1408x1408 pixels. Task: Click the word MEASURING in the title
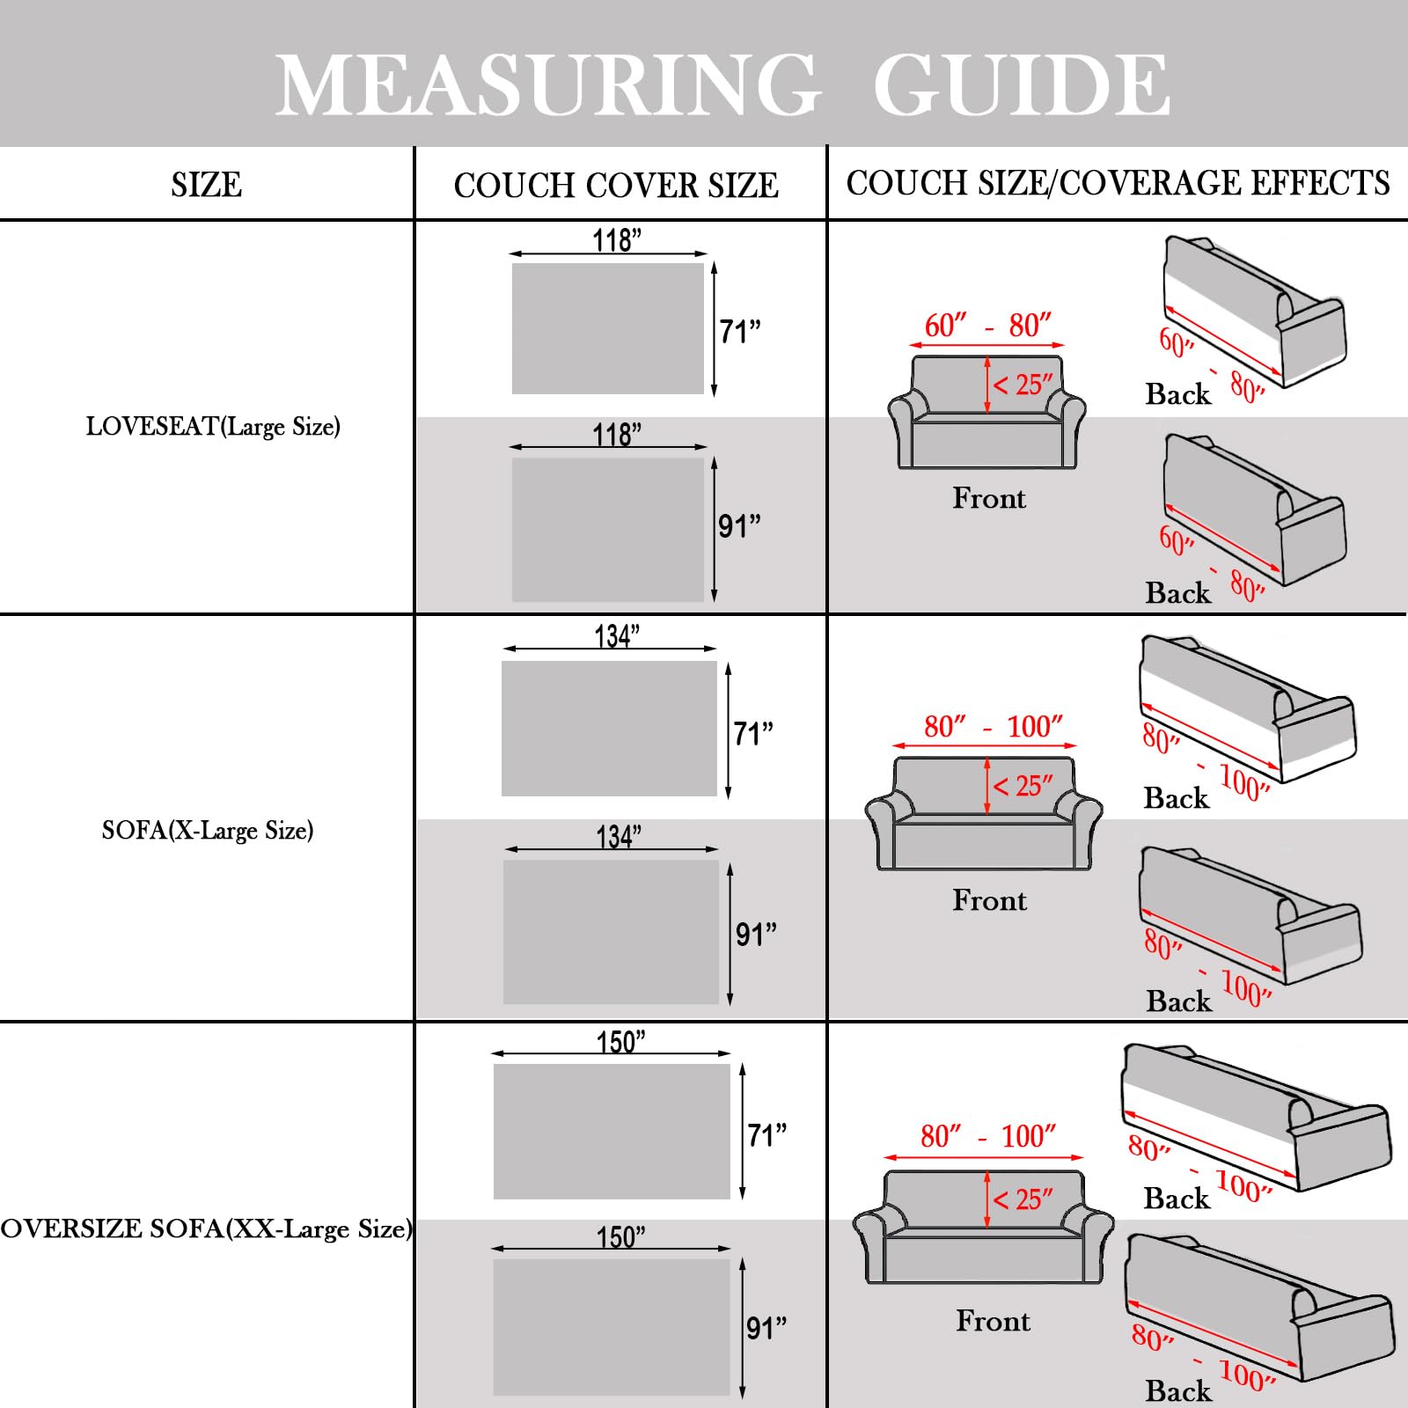pyautogui.click(x=547, y=85)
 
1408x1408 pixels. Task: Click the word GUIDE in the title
pyautogui.click(x=1021, y=85)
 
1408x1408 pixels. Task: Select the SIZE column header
pyautogui.click(x=206, y=186)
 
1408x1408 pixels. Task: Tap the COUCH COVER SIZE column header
pyautogui.click(x=616, y=186)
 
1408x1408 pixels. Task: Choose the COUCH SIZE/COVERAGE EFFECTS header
pyautogui.click(x=1118, y=183)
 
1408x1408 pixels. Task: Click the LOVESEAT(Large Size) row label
pyautogui.click(x=213, y=427)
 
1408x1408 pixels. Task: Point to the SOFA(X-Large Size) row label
pyautogui.click(x=208, y=831)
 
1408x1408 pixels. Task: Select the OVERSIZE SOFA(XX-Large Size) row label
pyautogui.click(x=206, y=1228)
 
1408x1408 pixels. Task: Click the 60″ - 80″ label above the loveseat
pyautogui.click(x=987, y=326)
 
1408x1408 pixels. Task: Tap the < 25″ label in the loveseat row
pyautogui.click(x=1023, y=385)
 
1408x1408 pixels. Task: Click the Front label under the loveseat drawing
pyautogui.click(x=989, y=499)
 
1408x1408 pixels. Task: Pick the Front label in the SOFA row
pyautogui.click(x=989, y=900)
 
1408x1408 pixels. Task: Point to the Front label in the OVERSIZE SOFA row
pyautogui.click(x=993, y=1321)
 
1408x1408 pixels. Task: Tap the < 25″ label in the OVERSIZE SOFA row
pyautogui.click(x=1023, y=1199)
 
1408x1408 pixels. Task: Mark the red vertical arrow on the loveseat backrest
pyautogui.click(x=987, y=385)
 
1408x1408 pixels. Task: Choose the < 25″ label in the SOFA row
pyautogui.click(x=1023, y=786)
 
